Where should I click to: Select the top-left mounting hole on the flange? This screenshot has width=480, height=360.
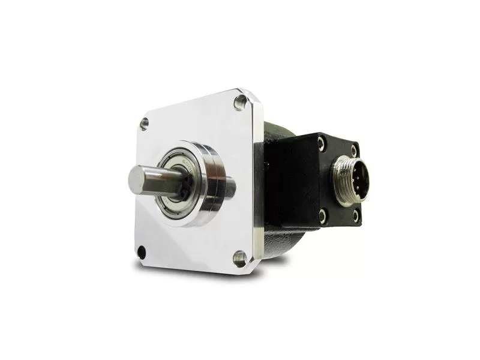pyautogui.click(x=144, y=124)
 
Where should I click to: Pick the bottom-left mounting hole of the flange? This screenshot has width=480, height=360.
pyautogui.click(x=141, y=251)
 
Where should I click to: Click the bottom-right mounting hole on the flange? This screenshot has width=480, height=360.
pyautogui.click(x=239, y=259)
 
